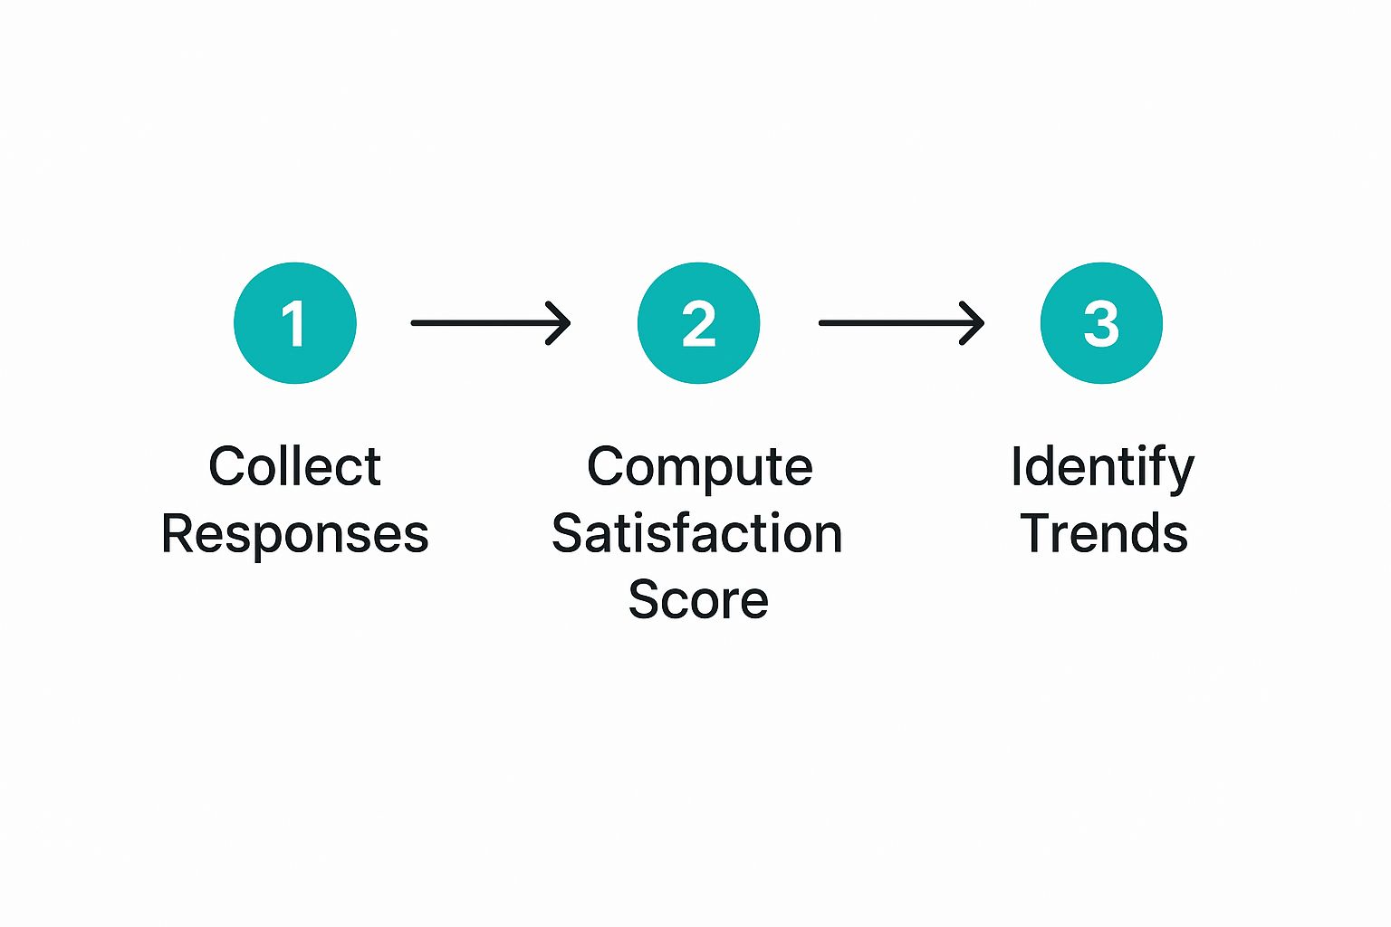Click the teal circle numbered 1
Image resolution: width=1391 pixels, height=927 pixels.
[x=295, y=323]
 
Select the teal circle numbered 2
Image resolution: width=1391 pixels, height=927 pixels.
[x=698, y=323]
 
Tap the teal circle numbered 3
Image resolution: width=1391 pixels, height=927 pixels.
[x=1101, y=323]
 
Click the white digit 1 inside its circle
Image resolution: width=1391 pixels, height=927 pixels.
[x=293, y=323]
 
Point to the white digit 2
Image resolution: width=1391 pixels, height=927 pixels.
[x=698, y=323]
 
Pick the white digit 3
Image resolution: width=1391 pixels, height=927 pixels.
[x=1101, y=323]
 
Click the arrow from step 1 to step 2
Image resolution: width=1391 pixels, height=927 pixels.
[x=491, y=323]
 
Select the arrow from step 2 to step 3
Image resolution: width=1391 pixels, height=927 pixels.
[x=902, y=323]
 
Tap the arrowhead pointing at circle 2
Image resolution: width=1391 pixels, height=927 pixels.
[x=559, y=323]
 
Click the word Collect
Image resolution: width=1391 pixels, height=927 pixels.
[x=295, y=465]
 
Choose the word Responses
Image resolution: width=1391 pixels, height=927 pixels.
[x=295, y=534]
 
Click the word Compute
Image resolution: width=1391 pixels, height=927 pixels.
[x=700, y=468]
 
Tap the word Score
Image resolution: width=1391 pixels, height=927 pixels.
[x=698, y=599]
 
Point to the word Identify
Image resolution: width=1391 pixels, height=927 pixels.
[x=1103, y=468]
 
